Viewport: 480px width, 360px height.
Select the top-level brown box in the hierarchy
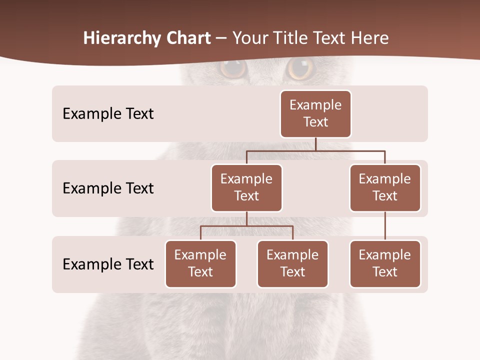[315, 113]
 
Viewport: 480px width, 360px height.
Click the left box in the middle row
[246, 187]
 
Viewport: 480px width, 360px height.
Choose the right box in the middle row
[385, 187]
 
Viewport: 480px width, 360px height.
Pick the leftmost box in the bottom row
[200, 263]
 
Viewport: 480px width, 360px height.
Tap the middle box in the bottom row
[292, 263]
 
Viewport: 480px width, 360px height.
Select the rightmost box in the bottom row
[385, 263]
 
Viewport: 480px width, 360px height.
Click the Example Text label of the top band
[108, 114]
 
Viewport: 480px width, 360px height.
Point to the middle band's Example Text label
[108, 188]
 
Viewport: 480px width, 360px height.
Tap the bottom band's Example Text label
[108, 264]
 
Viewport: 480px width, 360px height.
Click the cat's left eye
[233, 68]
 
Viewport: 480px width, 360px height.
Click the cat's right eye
[301, 68]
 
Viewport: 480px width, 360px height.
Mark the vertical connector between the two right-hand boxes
[385, 226]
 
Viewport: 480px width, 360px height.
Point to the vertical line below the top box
[315, 144]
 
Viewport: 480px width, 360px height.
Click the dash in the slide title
[221, 39]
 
